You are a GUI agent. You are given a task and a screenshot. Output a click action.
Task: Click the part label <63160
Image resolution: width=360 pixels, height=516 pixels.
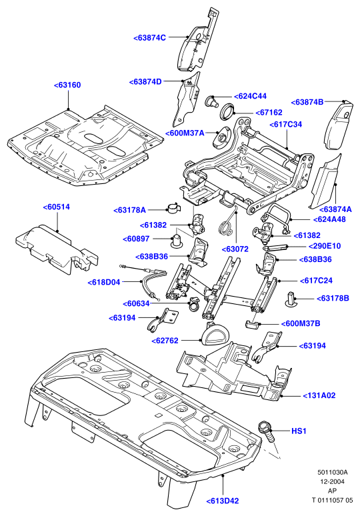click(x=67, y=85)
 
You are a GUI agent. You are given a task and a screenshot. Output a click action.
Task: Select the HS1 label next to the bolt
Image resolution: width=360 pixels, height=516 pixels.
click(x=299, y=431)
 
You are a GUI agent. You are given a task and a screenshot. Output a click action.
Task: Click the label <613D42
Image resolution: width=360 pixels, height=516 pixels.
click(x=223, y=501)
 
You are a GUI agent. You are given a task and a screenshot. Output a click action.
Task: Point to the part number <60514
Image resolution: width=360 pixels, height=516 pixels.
click(x=56, y=207)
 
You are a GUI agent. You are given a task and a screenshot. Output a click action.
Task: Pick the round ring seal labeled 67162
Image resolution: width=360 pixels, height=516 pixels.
click(x=227, y=111)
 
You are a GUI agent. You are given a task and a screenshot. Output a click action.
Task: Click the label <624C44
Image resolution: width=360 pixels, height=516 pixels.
click(x=250, y=96)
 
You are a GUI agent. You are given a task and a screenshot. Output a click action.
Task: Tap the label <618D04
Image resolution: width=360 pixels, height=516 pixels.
click(x=104, y=282)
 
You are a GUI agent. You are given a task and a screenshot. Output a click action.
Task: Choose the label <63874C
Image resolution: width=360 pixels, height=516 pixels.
click(x=150, y=38)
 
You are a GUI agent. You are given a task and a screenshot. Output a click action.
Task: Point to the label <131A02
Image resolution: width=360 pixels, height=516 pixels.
click(x=319, y=395)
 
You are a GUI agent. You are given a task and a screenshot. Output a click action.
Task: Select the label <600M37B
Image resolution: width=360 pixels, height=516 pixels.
click(x=301, y=323)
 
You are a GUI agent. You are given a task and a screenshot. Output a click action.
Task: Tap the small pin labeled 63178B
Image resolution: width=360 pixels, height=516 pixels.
click(x=290, y=299)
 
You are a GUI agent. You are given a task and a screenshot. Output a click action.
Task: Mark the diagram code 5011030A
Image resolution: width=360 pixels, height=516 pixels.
click(x=333, y=472)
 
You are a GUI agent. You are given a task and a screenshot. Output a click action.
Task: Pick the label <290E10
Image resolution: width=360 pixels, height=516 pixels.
click(x=325, y=246)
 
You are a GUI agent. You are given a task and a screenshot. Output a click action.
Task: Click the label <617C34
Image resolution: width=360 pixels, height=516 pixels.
click(x=285, y=125)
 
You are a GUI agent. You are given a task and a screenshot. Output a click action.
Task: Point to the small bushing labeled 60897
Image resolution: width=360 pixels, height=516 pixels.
click(x=177, y=241)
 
